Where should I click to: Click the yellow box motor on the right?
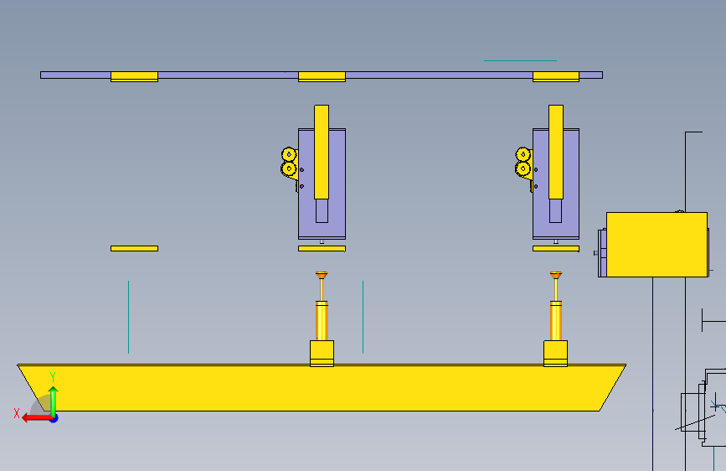point(656,244)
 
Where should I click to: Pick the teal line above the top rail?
point(520,61)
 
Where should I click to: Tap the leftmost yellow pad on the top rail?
point(134,76)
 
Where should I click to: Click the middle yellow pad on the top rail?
point(322,76)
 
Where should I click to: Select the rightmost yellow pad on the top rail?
point(556,76)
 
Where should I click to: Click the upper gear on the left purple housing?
point(289,154)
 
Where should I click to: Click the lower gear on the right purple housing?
point(523,168)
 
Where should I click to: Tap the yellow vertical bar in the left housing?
point(322,151)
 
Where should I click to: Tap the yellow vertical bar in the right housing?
point(556,151)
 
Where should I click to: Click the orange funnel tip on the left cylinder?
point(322,275)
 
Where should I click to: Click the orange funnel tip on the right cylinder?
point(556,275)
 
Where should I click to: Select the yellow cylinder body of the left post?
point(322,321)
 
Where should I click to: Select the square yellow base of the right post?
point(556,352)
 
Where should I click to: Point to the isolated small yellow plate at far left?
point(134,248)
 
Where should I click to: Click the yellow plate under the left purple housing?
point(322,248)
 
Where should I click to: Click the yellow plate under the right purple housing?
point(556,248)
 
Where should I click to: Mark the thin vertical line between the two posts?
point(363,317)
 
